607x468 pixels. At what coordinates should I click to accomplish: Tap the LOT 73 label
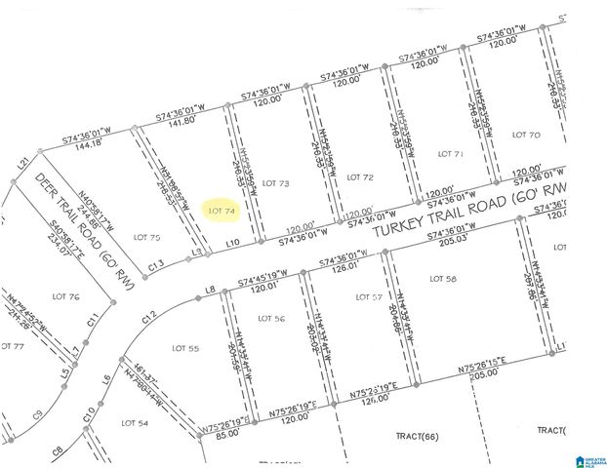click(x=278, y=182)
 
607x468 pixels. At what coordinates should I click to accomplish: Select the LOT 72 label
click(x=360, y=176)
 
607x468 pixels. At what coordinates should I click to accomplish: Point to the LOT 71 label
click(x=450, y=154)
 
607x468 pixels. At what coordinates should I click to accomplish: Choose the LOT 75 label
click(x=146, y=236)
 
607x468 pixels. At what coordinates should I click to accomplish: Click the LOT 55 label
click(x=185, y=347)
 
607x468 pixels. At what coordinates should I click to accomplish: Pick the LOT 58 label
click(x=443, y=278)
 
